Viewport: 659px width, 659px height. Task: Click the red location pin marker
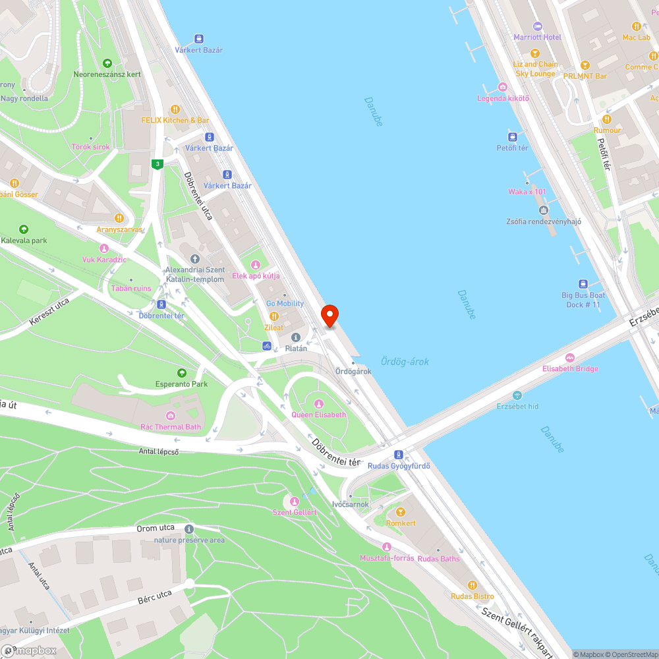pos(329,316)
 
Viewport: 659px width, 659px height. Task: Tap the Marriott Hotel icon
pos(537,26)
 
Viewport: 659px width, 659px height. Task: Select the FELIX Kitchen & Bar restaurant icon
pos(175,109)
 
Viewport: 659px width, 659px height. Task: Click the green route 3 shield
pos(157,164)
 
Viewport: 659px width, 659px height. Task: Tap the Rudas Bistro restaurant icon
pos(472,585)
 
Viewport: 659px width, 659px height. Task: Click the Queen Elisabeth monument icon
pos(319,404)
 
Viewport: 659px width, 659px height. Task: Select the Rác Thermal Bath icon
pos(171,415)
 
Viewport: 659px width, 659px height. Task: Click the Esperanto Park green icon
pos(181,374)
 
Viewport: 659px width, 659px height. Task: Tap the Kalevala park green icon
pos(24,229)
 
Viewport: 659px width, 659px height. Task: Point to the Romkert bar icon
pos(400,512)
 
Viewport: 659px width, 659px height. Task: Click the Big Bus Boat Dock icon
pos(583,283)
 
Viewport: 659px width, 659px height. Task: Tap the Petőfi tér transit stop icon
pos(512,137)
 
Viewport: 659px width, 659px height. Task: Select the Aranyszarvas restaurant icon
pos(119,218)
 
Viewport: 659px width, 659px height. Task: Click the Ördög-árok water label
pos(405,361)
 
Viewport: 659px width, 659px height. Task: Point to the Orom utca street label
pos(156,528)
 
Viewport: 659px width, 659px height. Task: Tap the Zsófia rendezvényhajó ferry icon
pos(544,210)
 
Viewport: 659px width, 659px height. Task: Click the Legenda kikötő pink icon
pos(503,87)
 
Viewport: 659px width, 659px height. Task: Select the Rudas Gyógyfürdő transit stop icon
pos(399,455)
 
